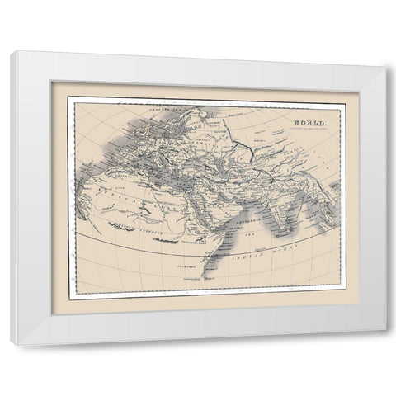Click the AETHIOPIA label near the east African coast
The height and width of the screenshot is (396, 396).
point(191,247)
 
